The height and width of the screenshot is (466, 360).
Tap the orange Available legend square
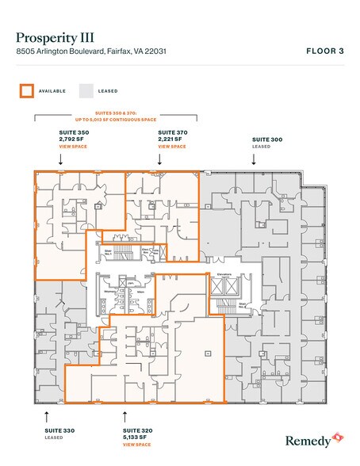(x=26, y=90)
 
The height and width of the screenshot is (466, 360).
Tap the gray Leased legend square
(x=86, y=90)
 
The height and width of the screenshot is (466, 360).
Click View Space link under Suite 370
(x=172, y=147)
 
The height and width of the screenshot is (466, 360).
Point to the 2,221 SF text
(x=172, y=139)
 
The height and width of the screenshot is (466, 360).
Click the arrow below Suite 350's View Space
(x=62, y=159)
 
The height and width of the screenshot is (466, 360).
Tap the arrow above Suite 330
(x=46, y=414)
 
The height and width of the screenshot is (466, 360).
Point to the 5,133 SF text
(x=137, y=437)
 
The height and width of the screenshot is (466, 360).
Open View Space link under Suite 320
(x=137, y=445)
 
